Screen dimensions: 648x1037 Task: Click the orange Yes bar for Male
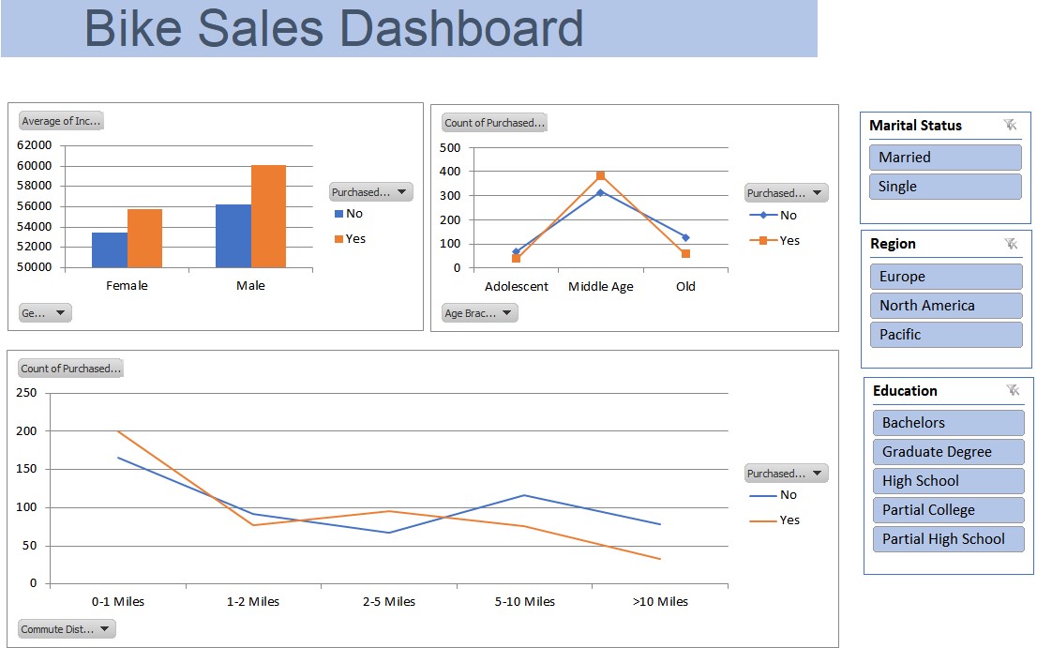268,217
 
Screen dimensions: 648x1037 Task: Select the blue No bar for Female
110,249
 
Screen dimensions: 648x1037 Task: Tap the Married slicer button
945,158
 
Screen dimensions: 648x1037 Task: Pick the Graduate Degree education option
947,452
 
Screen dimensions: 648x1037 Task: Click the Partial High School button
947,539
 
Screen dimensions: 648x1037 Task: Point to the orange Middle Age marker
600,175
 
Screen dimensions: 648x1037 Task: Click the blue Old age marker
685,237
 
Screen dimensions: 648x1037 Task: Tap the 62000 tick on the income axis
35,145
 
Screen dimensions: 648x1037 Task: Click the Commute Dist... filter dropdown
67,629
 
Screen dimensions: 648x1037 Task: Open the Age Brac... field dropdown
479,313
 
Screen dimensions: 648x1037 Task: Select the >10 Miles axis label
660,602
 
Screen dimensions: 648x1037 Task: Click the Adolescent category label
516,287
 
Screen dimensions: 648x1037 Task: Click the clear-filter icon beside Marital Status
1010,125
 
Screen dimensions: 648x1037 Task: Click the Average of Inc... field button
61,121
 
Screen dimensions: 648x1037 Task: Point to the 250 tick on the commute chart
26,393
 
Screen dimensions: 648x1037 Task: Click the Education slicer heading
905,391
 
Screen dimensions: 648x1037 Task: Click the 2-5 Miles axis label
388,602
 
